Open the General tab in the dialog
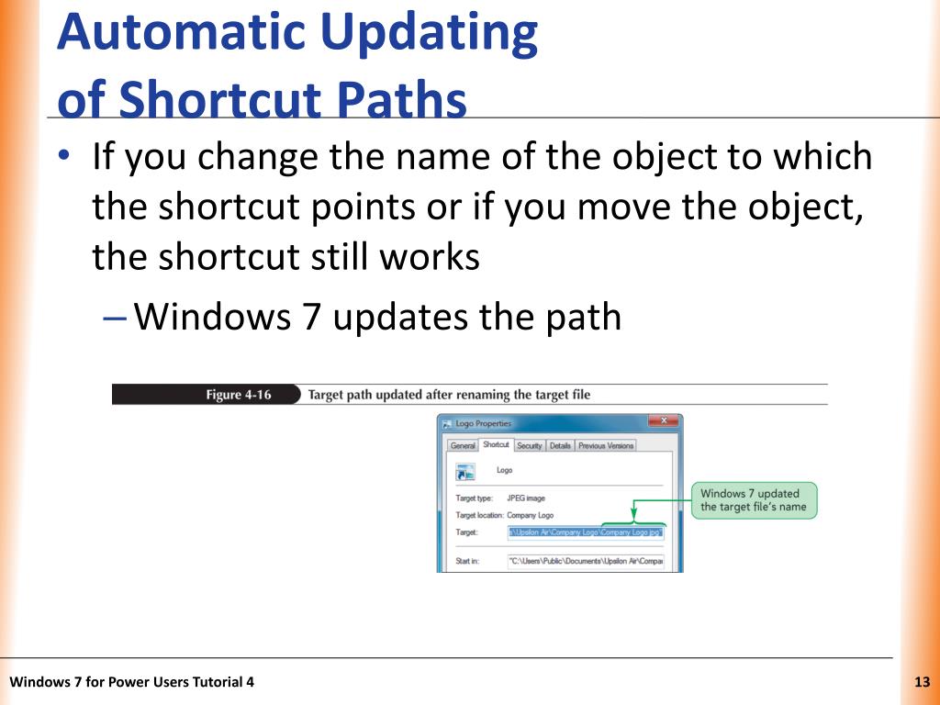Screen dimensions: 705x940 [463, 445]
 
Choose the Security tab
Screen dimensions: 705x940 [529, 445]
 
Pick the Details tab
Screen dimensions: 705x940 [560, 445]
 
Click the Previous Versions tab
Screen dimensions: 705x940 [606, 445]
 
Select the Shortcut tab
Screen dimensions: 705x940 [496, 444]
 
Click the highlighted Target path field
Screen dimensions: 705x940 [585, 532]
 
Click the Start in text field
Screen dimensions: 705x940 [585, 560]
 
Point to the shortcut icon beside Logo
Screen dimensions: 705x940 [466, 472]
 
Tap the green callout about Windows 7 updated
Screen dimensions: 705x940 [753, 500]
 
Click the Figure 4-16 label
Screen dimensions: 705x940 [238, 395]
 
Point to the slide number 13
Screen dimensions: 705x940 [923, 681]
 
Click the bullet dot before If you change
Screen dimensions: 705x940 [62, 157]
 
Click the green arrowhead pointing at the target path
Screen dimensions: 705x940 [632, 518]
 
